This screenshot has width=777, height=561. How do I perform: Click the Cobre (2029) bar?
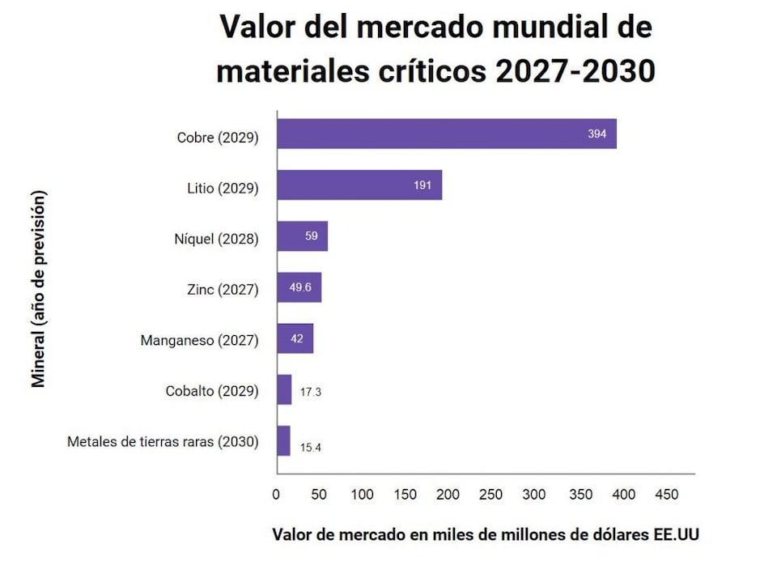pos(446,134)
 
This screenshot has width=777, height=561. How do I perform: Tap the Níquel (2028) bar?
pos(302,236)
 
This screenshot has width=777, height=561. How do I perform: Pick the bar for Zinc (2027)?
pos(299,287)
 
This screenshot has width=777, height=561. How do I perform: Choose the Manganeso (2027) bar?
pos(295,338)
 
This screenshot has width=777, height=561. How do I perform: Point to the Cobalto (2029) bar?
pos(284,389)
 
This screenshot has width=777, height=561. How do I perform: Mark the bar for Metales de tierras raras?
pos(283,441)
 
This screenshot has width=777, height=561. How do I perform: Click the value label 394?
pos(597,134)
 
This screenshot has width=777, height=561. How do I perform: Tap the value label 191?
pos(422,185)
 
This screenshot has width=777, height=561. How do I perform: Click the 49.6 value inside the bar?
pos(300,287)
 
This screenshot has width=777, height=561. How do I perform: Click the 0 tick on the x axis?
pos(276,495)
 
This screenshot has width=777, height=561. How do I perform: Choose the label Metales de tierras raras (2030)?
pos(163,442)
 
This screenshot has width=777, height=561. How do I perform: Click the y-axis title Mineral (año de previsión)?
pos(38,288)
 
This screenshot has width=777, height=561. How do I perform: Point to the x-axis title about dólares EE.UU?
pos(486,535)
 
